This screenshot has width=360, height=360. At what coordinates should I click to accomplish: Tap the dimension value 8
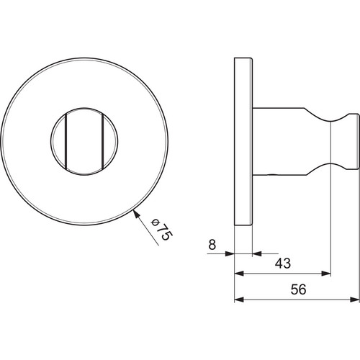coord(212,245)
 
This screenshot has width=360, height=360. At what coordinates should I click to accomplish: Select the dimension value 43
coord(283,264)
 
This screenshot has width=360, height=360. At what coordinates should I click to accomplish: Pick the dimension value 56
coord(298,289)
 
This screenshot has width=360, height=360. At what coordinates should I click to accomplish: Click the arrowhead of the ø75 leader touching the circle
coord(137,214)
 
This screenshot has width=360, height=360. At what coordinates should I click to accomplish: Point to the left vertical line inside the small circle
coord(66,141)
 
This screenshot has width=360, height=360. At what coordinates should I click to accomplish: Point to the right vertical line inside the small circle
coord(102,141)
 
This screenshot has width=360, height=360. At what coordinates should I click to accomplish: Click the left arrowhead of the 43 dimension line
coord(239,274)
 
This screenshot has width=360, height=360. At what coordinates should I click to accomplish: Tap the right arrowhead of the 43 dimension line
coord(326,274)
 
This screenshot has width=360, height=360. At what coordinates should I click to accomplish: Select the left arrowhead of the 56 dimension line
coord(239,300)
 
